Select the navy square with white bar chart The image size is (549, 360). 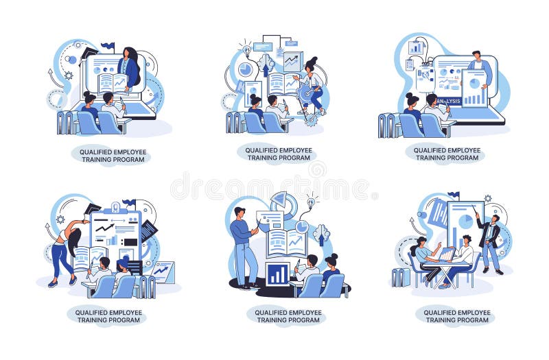tap(277, 274)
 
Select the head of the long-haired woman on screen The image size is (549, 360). tap(129, 52)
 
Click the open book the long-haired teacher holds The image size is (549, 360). tap(111, 83)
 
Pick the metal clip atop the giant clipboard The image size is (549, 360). tap(115, 206)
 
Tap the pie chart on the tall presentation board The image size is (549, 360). tap(465, 221)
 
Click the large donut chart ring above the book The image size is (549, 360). tap(284, 204)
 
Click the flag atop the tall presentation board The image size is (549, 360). tap(453, 195)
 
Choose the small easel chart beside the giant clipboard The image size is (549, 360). tap(163, 272)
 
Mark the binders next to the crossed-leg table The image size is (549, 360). tap(400, 277)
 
